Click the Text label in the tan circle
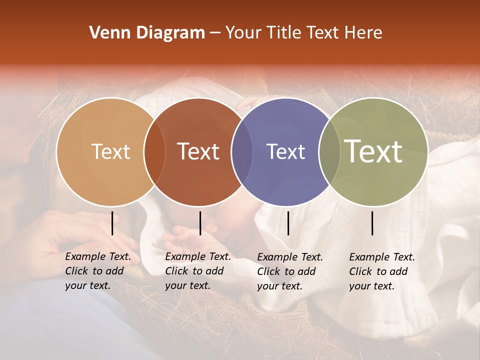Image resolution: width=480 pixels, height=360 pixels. point(110,151)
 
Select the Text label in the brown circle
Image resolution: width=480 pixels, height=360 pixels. point(198,151)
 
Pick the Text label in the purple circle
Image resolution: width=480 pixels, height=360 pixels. point(285,151)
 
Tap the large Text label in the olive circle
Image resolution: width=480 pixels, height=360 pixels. point(373,151)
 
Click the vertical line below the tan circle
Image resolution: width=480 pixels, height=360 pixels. point(112,223)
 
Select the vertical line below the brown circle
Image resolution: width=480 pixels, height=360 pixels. point(200,223)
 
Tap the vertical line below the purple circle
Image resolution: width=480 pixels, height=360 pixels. point(288,223)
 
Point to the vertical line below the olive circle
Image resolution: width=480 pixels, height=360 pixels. point(372,223)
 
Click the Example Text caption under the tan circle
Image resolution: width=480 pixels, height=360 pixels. point(98,271)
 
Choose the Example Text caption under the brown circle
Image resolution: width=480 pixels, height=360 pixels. point(198,271)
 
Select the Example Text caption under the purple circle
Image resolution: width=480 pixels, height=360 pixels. point(290,271)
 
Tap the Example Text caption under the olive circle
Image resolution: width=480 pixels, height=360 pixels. point(382,271)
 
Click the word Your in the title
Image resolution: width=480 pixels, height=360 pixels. point(241,33)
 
